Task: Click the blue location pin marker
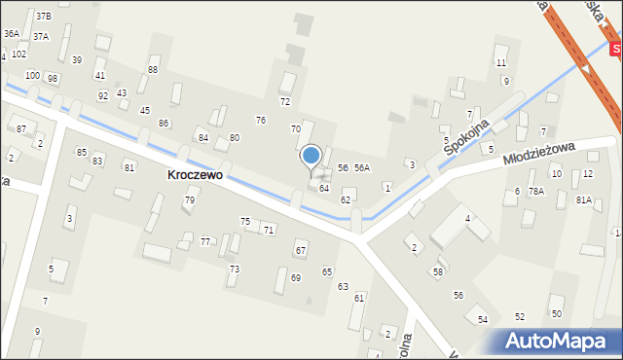point(311,156)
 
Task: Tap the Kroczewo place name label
point(195,175)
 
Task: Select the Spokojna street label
point(463,135)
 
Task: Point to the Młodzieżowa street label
point(540,152)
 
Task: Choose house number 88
point(153,69)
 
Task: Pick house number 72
point(285,101)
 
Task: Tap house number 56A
point(362,168)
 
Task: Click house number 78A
point(536,192)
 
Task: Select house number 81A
point(583,199)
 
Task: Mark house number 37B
point(44,17)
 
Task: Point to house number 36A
point(11,33)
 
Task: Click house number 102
point(18,54)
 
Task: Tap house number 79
point(190,200)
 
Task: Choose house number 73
point(234,269)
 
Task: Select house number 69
point(296,278)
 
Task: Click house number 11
point(501,62)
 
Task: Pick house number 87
point(21,128)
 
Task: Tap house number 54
point(483,319)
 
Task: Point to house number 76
point(261,120)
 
